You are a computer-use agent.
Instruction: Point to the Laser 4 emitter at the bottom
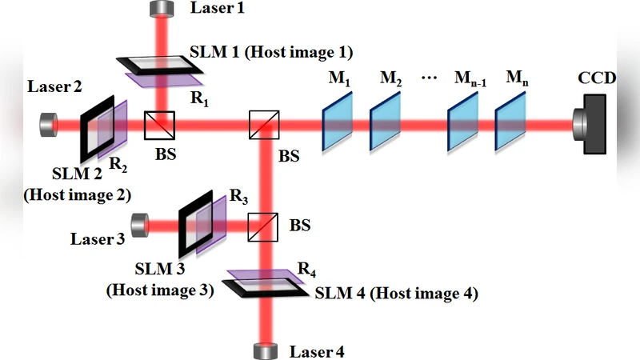tap(265, 350)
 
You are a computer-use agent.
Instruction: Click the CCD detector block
tap(596, 124)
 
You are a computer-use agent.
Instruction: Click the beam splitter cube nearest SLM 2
tap(159, 125)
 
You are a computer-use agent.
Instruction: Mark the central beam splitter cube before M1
tap(262, 125)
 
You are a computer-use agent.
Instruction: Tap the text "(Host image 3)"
tap(160, 290)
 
